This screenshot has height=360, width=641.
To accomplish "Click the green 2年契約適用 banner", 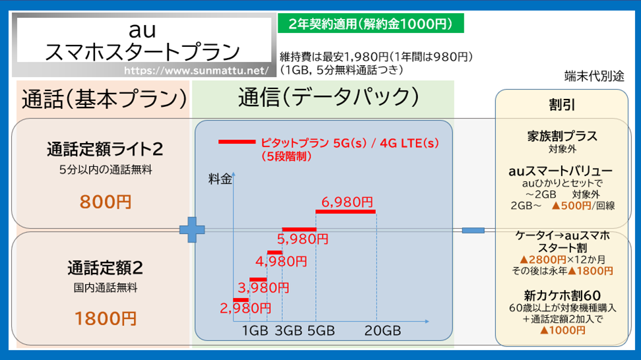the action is (371, 23).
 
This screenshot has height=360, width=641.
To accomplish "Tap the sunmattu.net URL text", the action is (197, 71).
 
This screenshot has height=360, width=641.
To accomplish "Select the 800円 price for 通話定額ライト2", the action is (106, 202).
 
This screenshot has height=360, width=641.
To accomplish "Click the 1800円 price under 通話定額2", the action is (106, 318).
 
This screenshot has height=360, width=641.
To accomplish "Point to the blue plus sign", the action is (192, 229).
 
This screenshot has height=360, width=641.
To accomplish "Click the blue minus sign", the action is (473, 231).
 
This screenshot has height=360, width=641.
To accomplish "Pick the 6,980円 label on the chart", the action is (347, 202).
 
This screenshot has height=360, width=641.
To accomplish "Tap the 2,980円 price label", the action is (245, 308).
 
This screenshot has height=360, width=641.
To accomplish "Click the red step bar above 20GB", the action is (346, 212).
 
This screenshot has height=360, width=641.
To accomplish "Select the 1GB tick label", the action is (255, 330).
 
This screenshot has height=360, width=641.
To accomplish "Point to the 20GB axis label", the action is (382, 330).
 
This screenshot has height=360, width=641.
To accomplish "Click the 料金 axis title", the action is (220, 179).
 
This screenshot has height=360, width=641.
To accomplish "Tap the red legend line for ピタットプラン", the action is (237, 142).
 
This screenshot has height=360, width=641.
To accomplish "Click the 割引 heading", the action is (562, 105).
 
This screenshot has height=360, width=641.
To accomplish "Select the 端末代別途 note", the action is (594, 76).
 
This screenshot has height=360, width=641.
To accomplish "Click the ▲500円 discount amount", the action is (572, 206).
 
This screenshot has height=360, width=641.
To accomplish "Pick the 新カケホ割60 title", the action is (562, 295).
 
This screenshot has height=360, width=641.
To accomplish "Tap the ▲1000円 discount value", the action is (563, 330).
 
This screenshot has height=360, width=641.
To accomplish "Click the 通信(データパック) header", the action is (328, 98).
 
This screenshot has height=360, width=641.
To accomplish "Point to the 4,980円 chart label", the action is (281, 261).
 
